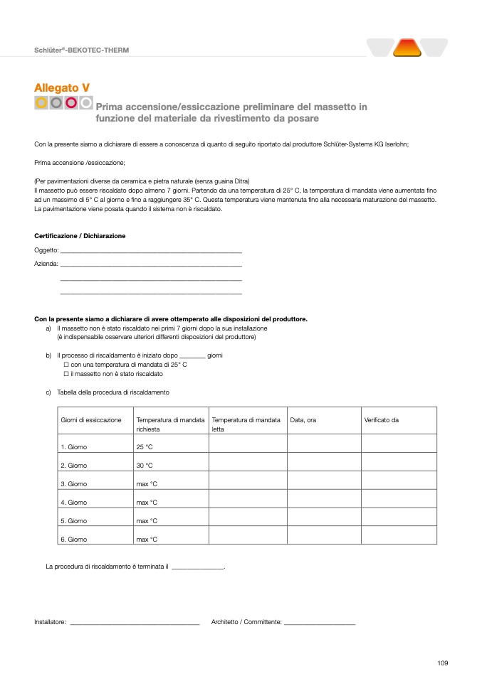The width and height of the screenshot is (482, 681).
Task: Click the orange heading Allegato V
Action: [62, 87]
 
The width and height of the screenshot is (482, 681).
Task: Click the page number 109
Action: [443, 663]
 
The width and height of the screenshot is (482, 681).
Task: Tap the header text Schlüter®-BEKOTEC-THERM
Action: [82, 50]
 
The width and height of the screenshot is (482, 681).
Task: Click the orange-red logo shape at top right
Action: [407, 48]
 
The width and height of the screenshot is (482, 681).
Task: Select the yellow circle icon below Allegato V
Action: [41, 103]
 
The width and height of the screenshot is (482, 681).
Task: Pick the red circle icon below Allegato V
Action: [71, 103]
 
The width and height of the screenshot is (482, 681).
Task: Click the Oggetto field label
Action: [46, 250]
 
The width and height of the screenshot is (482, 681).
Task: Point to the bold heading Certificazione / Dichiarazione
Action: [80, 236]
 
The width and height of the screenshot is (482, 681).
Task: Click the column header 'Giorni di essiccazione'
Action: [91, 420]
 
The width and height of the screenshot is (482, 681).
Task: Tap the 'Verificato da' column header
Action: [382, 420]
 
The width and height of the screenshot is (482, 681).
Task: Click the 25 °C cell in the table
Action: [145, 447]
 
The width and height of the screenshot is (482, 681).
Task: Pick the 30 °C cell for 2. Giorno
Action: [145, 466]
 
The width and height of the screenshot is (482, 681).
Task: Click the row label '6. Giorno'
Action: [74, 540]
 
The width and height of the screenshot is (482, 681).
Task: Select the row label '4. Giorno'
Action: [74, 503]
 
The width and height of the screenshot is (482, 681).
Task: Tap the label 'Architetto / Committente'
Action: [246, 622]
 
